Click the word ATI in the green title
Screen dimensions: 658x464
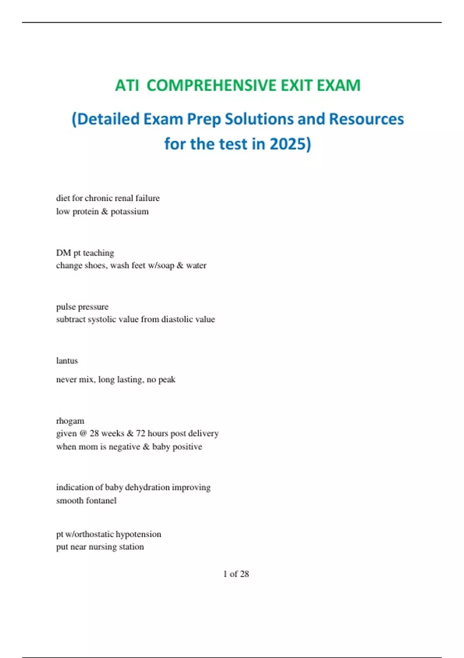coord(127,86)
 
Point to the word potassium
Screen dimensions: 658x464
coord(130,211)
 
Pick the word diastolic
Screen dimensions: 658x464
coord(177,319)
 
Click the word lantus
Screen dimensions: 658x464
coord(67,361)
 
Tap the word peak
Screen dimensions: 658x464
coord(167,380)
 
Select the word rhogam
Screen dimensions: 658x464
coord(70,421)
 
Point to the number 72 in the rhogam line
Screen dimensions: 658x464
coord(140,434)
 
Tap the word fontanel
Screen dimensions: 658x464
coord(101,500)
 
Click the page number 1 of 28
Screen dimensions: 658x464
coord(236,574)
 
